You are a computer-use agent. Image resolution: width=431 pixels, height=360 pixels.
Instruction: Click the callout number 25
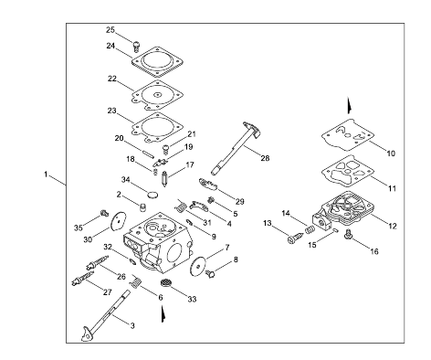coord(110,30)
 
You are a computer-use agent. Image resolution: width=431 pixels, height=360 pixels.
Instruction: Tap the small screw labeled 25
coord(137,46)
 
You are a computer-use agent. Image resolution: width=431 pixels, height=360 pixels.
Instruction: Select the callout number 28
coord(265,158)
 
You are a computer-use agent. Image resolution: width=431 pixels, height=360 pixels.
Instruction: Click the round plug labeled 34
coord(153,195)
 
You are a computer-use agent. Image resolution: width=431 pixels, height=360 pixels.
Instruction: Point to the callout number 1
coord(46,175)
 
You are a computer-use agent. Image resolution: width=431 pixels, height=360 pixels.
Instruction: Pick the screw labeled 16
coord(348,235)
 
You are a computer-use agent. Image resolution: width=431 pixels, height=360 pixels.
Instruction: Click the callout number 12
coord(393,226)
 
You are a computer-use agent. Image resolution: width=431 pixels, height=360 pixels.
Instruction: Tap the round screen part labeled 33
coord(166,282)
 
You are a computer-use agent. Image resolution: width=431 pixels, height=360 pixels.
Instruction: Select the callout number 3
coord(132,325)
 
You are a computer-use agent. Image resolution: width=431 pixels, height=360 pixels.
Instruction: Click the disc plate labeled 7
coord(197,266)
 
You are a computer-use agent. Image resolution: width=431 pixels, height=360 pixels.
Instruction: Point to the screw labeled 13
coord(295,238)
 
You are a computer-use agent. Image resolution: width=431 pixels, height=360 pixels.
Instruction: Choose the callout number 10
coord(391,154)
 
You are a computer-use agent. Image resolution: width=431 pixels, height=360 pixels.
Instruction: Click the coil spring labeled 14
coord(310,229)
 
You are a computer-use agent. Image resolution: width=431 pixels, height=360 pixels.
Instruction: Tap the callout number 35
coord(79,228)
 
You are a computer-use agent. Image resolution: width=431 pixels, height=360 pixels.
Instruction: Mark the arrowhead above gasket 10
coord(350,105)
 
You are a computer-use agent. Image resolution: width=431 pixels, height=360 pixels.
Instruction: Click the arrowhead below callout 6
coord(163,313)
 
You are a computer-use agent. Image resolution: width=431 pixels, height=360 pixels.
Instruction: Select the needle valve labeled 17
coord(164,179)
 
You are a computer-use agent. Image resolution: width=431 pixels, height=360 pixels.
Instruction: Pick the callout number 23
coord(111,110)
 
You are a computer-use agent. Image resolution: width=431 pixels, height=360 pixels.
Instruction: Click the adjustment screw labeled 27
coord(83,279)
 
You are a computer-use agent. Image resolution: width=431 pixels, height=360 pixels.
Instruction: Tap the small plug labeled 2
coord(142,207)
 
